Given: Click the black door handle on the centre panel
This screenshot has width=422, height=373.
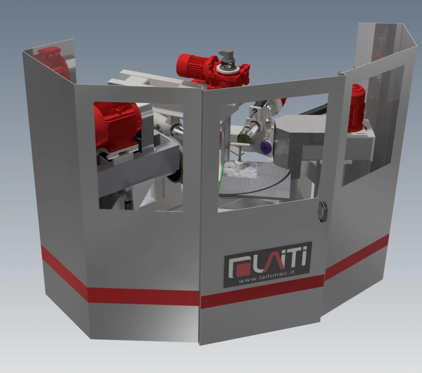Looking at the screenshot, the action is click(323, 211).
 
